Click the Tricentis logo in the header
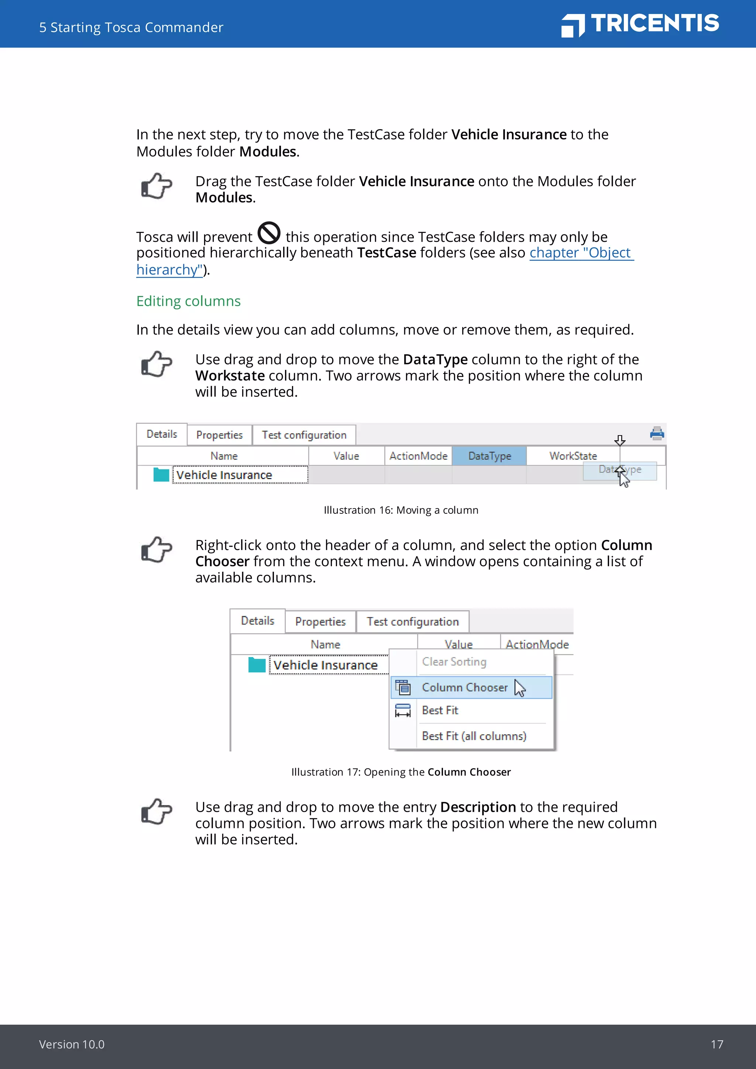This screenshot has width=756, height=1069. click(x=640, y=24)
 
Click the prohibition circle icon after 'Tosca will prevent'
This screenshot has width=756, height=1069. click(x=269, y=233)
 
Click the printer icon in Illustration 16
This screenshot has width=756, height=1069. click(x=657, y=433)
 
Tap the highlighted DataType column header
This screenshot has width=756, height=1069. click(x=489, y=456)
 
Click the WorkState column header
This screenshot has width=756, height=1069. click(x=573, y=456)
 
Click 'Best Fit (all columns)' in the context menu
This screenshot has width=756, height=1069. click(x=474, y=736)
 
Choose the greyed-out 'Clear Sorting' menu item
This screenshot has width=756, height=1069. click(x=454, y=661)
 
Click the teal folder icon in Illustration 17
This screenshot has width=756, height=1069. click(x=257, y=665)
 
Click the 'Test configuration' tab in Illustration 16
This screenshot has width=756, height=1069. click(x=304, y=435)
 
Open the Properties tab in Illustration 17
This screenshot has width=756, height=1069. click(x=320, y=622)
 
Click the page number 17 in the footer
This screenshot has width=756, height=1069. click(x=717, y=1044)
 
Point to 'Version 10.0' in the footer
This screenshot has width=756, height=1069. click(x=72, y=1044)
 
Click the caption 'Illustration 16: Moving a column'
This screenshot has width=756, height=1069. click(x=401, y=510)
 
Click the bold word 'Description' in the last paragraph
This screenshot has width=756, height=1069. click(x=478, y=807)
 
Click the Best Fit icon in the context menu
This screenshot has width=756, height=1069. click(x=403, y=711)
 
